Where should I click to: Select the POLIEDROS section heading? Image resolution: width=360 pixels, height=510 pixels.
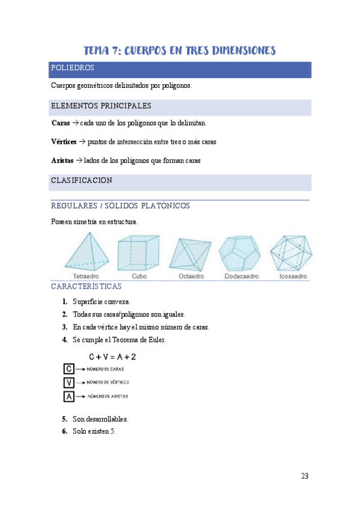pyautogui.click(x=72, y=68)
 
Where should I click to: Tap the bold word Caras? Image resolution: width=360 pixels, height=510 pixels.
pyautogui.click(x=61, y=123)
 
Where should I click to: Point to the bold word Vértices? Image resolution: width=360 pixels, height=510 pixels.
pyautogui.click(x=64, y=142)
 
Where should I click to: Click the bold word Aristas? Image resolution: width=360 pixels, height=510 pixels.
pyautogui.click(x=63, y=161)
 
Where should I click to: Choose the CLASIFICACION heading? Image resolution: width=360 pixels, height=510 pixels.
pyautogui.click(x=81, y=180)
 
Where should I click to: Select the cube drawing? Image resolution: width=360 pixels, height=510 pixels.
pyautogui.click(x=138, y=253)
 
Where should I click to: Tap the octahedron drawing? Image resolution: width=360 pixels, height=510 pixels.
pyautogui.click(x=191, y=254)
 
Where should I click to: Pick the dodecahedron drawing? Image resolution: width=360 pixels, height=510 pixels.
pyautogui.click(x=240, y=253)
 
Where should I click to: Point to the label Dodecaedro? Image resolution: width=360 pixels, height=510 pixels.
pyautogui.click(x=240, y=277)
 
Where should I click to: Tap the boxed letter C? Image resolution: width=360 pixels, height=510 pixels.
pyautogui.click(x=69, y=369)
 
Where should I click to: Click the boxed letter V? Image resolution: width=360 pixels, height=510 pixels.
pyautogui.click(x=69, y=382)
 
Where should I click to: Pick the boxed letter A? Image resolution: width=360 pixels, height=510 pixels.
pyautogui.click(x=69, y=396)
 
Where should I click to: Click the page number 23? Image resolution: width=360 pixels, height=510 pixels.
pyautogui.click(x=304, y=476)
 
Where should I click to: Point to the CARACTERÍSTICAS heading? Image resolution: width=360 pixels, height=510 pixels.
pyautogui.click(x=87, y=287)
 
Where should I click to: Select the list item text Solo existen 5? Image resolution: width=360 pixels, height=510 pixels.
pyautogui.click(x=94, y=431)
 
